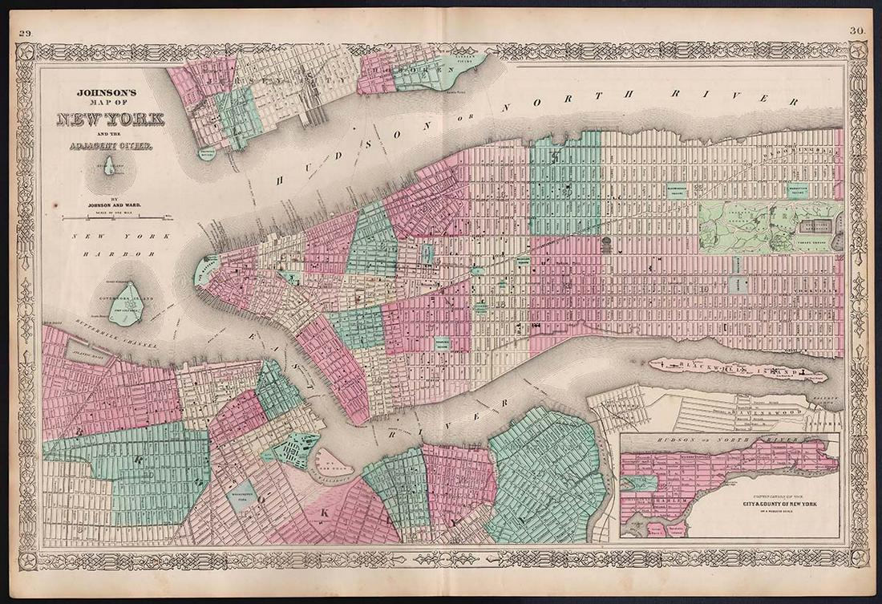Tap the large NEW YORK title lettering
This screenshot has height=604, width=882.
tap(110, 120)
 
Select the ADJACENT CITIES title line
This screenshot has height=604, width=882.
tap(109, 146)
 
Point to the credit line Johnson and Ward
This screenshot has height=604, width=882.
tap(109, 204)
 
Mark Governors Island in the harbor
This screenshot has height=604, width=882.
tap(125, 304)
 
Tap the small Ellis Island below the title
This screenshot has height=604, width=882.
tap(109, 166)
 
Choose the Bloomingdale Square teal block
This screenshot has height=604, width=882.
tap(681, 190)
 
